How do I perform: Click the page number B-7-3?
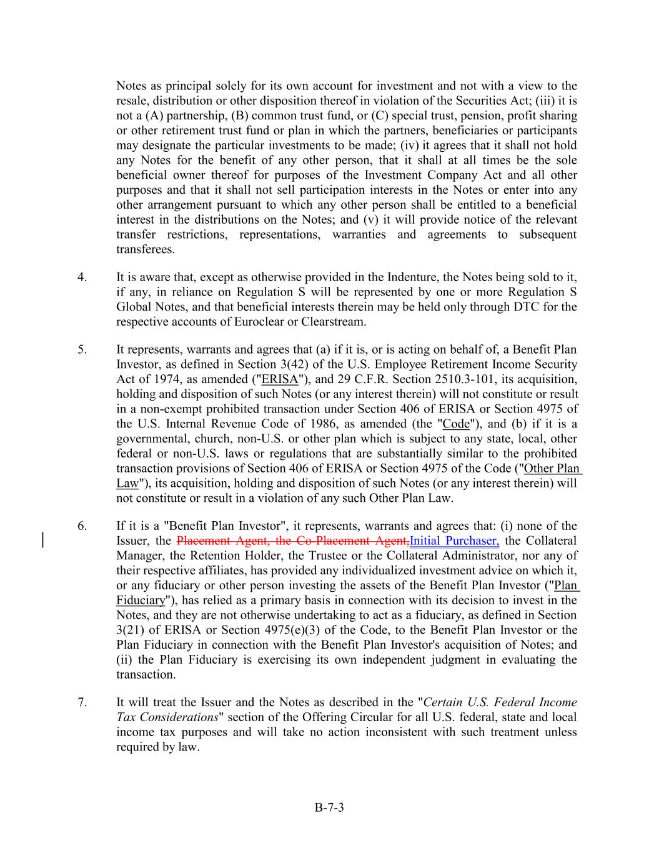pyautogui.click(x=329, y=807)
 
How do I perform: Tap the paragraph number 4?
pyautogui.click(x=82, y=277)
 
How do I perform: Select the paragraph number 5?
pyautogui.click(x=82, y=349)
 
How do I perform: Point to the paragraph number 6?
pyautogui.click(x=82, y=526)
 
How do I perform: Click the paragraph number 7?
pyautogui.click(x=82, y=702)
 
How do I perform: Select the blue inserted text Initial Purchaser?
pyautogui.click(x=454, y=541)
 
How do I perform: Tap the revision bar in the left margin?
pyautogui.click(x=42, y=540)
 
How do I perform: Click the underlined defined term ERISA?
pyautogui.click(x=280, y=379)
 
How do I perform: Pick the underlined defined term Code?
pyautogui.click(x=456, y=424)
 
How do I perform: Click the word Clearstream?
pyautogui.click(x=332, y=322)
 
